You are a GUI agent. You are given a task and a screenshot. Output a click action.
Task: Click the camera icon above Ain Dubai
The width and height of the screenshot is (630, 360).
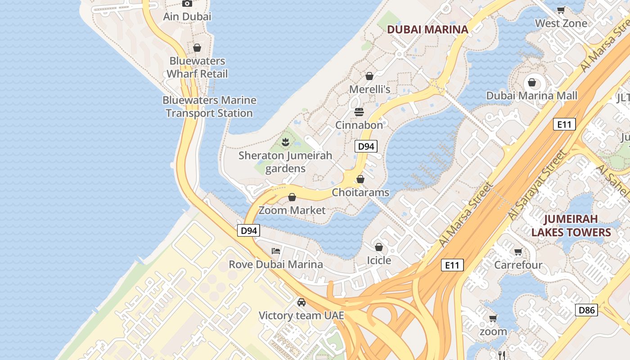[187, 4]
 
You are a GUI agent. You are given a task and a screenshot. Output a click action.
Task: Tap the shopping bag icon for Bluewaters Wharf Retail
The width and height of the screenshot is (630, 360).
[197, 48]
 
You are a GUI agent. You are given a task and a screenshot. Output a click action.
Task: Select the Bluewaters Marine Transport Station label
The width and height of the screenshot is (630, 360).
[209, 107]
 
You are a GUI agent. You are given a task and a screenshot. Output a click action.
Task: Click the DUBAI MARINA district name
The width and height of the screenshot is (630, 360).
[427, 30]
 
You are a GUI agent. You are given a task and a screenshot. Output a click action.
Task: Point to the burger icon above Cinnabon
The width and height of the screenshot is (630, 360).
[359, 112]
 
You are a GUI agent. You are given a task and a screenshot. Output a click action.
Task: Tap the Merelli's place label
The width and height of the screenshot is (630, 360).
[370, 90]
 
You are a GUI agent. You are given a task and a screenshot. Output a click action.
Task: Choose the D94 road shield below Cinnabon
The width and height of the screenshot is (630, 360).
[365, 146]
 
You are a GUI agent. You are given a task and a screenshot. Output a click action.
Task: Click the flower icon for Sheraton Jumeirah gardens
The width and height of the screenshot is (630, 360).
[285, 143]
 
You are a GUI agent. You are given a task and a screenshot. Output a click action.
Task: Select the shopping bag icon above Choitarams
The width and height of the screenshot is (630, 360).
[360, 179]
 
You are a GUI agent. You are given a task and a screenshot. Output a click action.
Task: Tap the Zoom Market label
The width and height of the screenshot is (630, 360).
[292, 210]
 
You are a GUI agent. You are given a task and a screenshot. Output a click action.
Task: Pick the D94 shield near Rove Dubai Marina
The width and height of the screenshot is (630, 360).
[248, 231]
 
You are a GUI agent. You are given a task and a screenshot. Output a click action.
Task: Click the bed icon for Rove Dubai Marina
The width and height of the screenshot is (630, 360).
[276, 251]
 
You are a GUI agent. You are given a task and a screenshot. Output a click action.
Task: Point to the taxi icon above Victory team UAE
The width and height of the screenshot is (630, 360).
[301, 302]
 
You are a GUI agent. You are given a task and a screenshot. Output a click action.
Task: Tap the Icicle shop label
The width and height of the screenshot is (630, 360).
[379, 261]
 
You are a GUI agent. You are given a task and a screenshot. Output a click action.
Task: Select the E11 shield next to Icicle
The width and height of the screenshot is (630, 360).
[452, 265]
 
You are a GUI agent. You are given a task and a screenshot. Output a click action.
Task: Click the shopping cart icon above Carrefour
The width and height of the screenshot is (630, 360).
[518, 252]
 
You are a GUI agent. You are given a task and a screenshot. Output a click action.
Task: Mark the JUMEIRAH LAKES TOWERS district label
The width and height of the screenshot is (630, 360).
[571, 226]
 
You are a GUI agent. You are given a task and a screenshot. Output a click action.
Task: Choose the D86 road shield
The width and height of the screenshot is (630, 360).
[586, 310]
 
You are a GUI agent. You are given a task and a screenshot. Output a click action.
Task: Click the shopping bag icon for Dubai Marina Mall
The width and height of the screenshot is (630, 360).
[532, 82]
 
